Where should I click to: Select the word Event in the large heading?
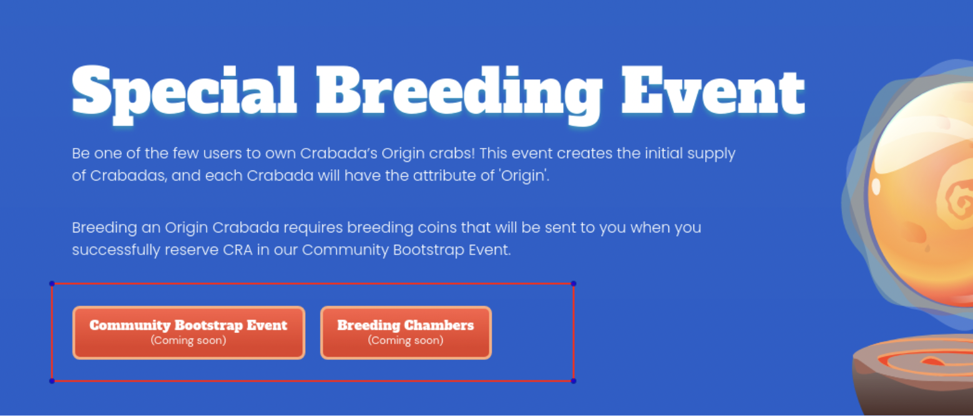tap(713, 91)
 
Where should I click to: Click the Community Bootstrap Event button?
tap(189, 332)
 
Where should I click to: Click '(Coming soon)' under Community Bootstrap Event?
tap(188, 340)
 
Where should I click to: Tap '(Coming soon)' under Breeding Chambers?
tap(406, 340)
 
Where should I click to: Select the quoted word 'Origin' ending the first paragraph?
tap(525, 176)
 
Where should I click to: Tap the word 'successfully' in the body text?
tap(116, 250)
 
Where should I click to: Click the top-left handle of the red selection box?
tap(52, 284)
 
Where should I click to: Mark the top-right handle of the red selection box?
tap(574, 284)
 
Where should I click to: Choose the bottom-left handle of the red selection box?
tap(52, 381)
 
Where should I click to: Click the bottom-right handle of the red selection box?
tap(574, 381)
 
